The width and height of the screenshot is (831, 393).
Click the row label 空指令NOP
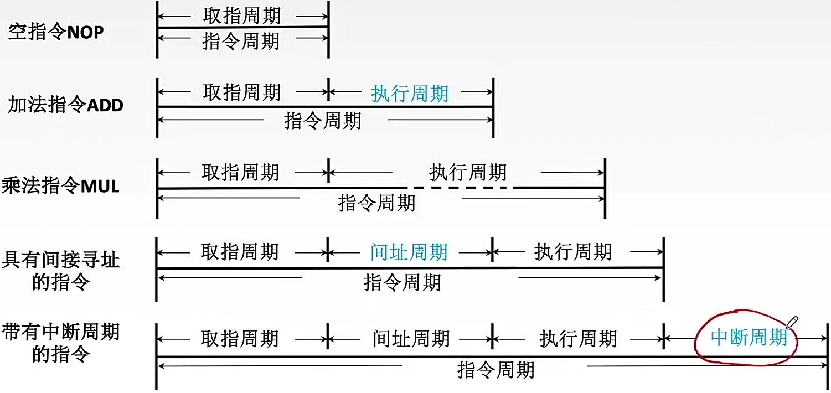[x=56, y=33]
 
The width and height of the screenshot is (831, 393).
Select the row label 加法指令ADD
[x=65, y=105]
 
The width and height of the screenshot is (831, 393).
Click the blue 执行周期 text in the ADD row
[x=410, y=94]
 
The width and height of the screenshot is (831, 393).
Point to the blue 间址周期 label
[x=409, y=253]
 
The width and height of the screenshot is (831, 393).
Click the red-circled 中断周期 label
[x=749, y=337]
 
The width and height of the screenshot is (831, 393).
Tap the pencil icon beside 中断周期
[x=792, y=323]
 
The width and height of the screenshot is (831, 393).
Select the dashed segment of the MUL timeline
[x=460, y=188]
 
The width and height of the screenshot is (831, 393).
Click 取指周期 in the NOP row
[x=242, y=15]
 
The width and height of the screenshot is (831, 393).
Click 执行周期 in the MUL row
[x=468, y=173]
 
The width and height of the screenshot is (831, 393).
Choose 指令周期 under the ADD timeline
[x=323, y=120]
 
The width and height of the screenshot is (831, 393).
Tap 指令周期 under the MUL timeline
[x=376, y=203]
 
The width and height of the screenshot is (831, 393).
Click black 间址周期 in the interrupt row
[x=411, y=338]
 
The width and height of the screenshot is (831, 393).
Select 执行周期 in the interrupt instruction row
[x=578, y=338]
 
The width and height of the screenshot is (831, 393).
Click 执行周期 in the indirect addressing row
[x=573, y=253]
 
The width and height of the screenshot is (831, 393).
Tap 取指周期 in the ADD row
[x=242, y=92]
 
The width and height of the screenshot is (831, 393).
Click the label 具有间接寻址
[x=61, y=260]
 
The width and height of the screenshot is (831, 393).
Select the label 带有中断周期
[x=61, y=332]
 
